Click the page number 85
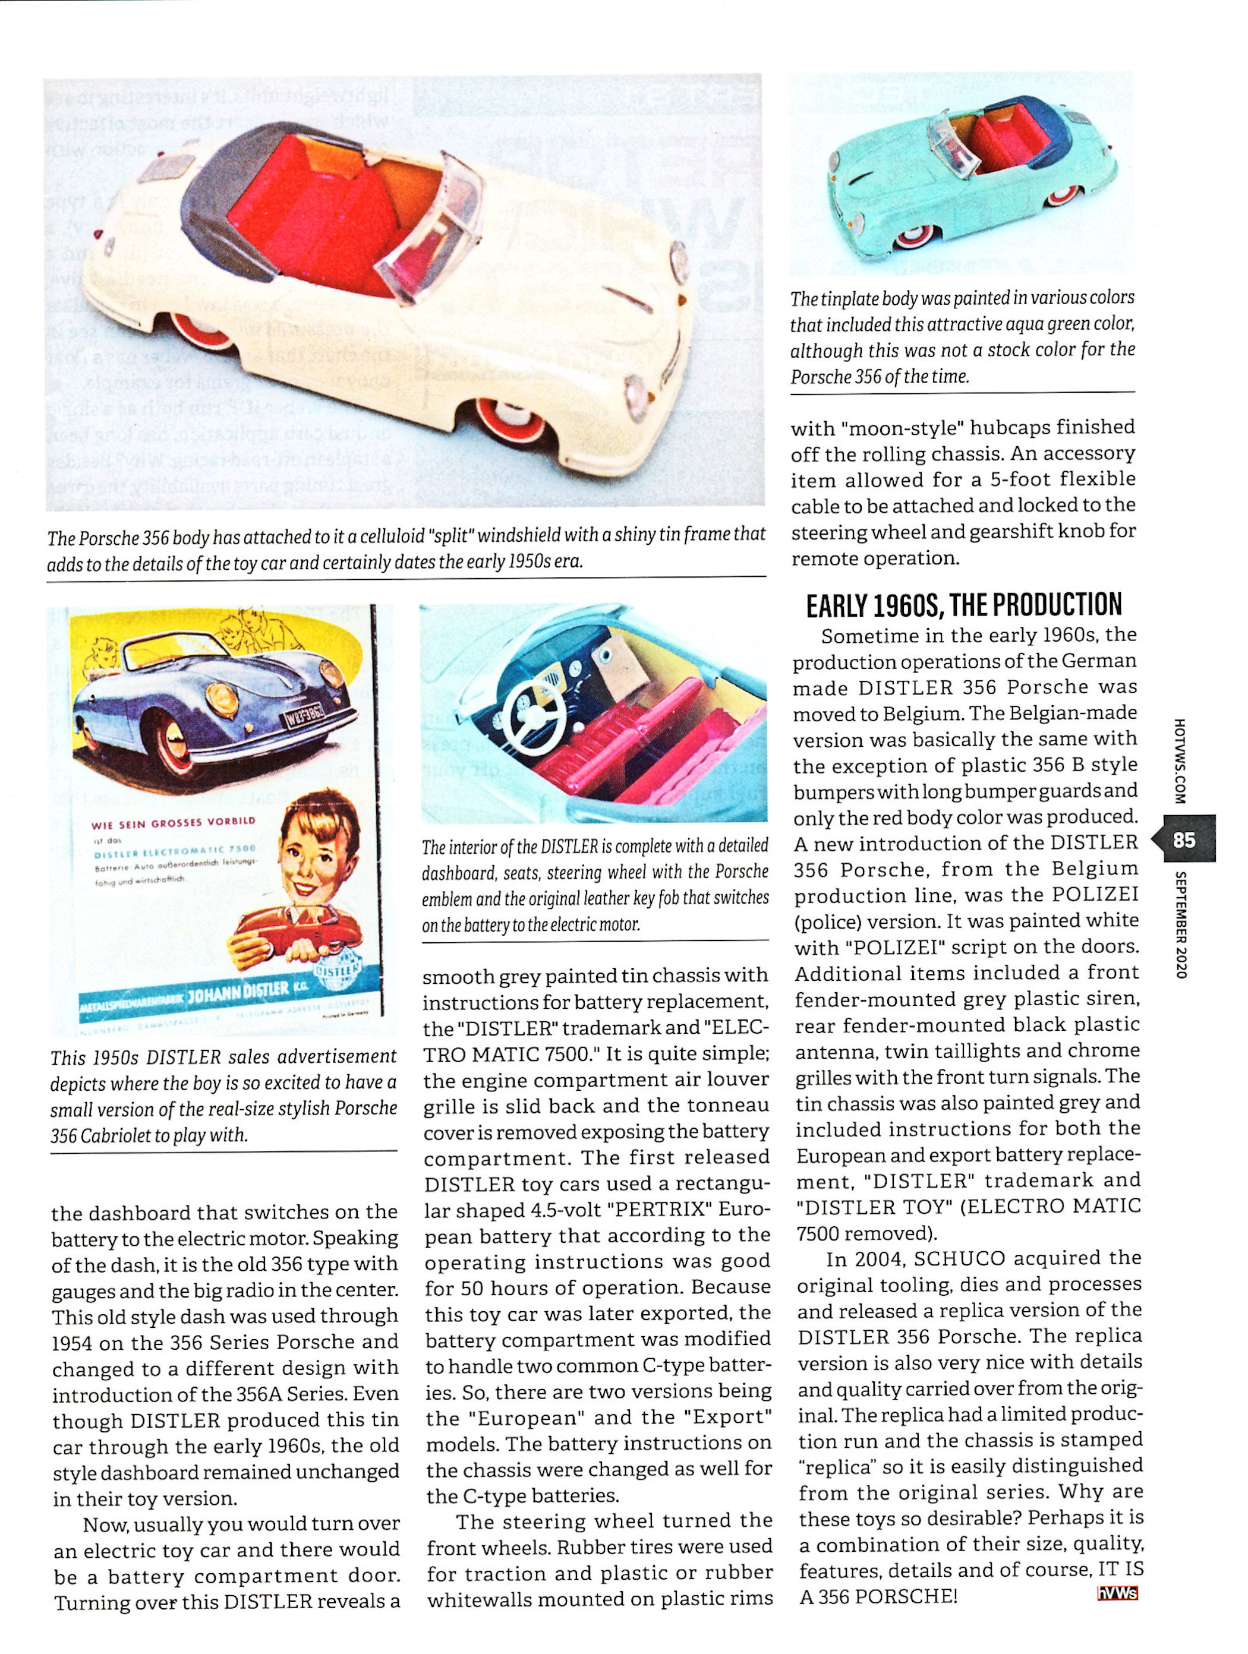coord(1184,839)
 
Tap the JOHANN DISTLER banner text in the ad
coord(237,992)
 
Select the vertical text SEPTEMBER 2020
coord(1181,925)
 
